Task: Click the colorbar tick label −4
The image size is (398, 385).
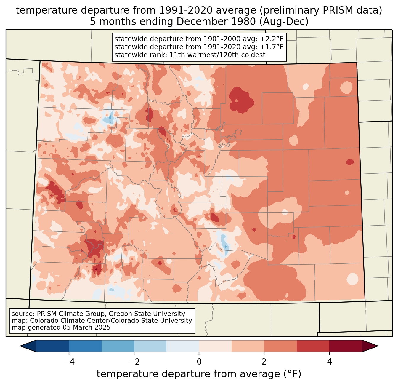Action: click(69, 362)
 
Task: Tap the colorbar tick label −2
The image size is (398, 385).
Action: click(134, 362)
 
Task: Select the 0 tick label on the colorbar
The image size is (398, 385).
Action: click(199, 362)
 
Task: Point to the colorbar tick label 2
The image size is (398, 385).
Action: click(264, 362)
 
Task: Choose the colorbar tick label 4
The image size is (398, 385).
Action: click(329, 362)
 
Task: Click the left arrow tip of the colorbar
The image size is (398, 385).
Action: click(20, 346)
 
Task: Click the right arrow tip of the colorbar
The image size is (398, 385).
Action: click(378, 346)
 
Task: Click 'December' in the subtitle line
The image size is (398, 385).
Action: click(195, 22)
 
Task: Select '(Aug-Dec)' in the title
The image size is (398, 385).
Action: click(284, 22)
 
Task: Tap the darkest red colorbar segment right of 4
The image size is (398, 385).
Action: click(346, 346)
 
